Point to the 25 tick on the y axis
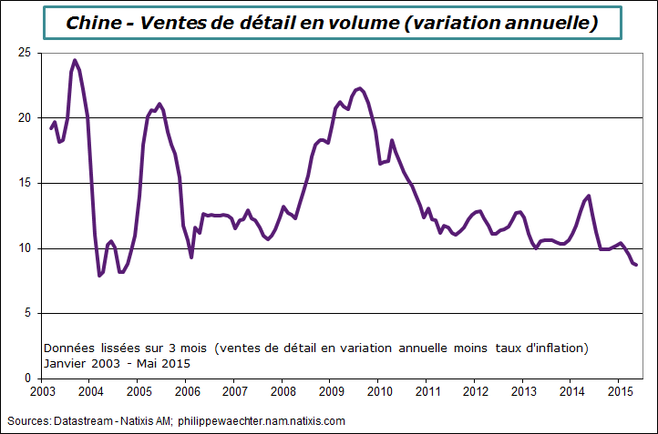(x=24, y=53)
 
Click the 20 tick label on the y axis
(x=24, y=118)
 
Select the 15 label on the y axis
(x=24, y=183)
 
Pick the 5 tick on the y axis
(x=27, y=313)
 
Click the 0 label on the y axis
(x=27, y=378)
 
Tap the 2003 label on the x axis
(x=42, y=392)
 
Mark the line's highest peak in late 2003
(x=75, y=61)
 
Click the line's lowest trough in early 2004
(x=99, y=275)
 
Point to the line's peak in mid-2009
(x=360, y=88)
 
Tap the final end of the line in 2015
(x=636, y=265)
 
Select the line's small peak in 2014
(x=589, y=196)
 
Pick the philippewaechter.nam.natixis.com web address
(x=262, y=421)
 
